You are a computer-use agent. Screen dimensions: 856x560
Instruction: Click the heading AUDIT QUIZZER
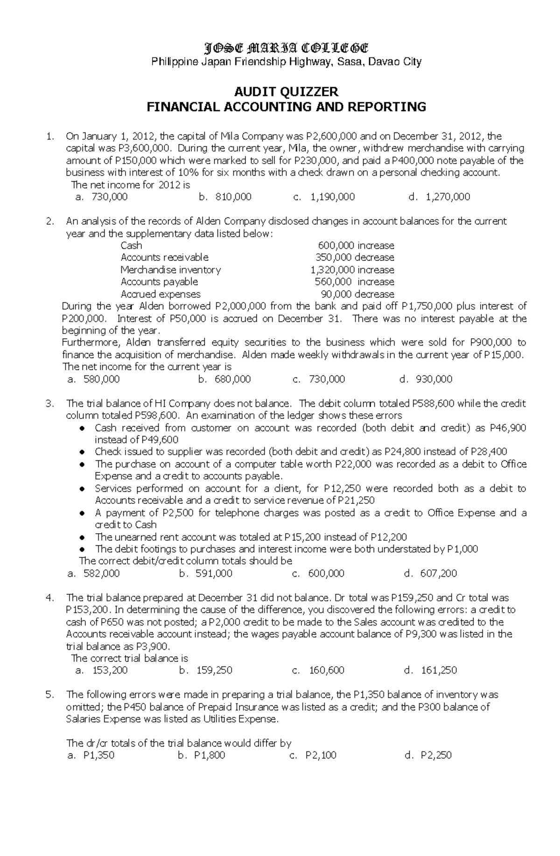[x=286, y=91]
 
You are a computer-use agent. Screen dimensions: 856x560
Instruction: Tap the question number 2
[x=51, y=222]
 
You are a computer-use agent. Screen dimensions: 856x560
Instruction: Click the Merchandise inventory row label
[x=170, y=270]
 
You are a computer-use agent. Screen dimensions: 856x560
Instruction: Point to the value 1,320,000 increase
[x=352, y=270]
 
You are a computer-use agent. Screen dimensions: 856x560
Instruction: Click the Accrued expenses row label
[x=161, y=294]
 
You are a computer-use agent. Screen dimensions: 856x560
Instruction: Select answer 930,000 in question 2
[x=434, y=379]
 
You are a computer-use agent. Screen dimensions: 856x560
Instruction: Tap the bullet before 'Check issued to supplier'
[x=82, y=452]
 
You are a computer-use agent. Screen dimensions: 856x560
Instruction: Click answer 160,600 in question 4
[x=326, y=670]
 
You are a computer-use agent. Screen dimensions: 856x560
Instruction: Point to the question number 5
[x=51, y=695]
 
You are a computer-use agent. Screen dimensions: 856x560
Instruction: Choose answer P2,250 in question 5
[x=436, y=755]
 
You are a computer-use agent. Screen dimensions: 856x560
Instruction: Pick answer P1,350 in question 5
[x=98, y=755]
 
